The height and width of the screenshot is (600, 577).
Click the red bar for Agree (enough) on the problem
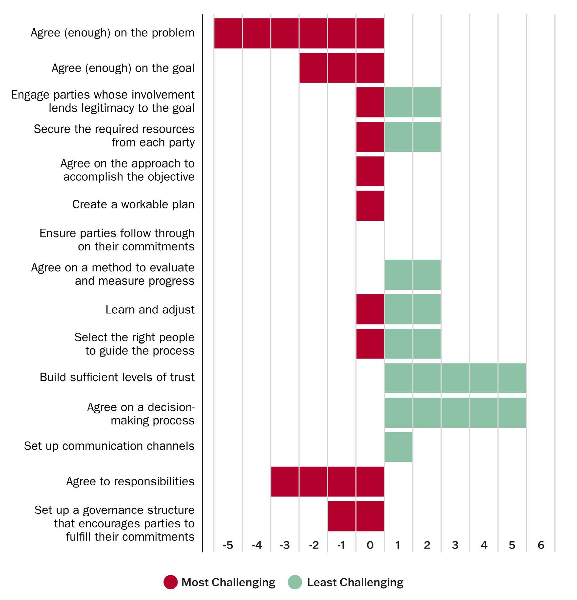pyautogui.click(x=299, y=33)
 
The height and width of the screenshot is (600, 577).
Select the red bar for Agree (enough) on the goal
pyautogui.click(x=341, y=68)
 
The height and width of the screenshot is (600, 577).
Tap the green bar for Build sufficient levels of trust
pyautogui.click(x=455, y=378)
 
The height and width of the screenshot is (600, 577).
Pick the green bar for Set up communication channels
pyautogui.click(x=398, y=447)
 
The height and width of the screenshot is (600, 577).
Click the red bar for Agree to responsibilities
pyautogui.click(x=327, y=481)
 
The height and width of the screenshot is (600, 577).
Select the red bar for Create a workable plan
pyautogui.click(x=370, y=205)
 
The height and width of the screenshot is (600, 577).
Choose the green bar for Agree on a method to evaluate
pyautogui.click(x=413, y=275)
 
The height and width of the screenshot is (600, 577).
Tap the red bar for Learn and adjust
pyautogui.click(x=370, y=309)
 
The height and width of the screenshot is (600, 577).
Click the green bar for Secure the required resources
pyautogui.click(x=413, y=136)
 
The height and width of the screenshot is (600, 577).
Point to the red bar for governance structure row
pyautogui.click(x=356, y=516)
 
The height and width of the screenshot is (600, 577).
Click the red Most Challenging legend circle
pyautogui.click(x=170, y=582)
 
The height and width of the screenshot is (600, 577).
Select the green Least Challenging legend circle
pyautogui.click(x=295, y=582)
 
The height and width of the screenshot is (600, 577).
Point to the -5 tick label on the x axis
pyautogui.click(x=228, y=545)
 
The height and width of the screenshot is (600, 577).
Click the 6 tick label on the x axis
pyautogui.click(x=541, y=545)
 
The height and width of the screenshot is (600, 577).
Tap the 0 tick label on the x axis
pyautogui.click(x=370, y=545)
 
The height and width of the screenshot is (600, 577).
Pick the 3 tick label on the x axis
pyautogui.click(x=455, y=545)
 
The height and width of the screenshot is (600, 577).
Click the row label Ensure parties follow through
pyautogui.click(x=117, y=239)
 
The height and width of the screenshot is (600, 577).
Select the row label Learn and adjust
pyautogui.click(x=150, y=310)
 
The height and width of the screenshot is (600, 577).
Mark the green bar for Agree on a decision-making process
pyautogui.click(x=455, y=412)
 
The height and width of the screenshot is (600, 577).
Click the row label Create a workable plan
pyautogui.click(x=133, y=204)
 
